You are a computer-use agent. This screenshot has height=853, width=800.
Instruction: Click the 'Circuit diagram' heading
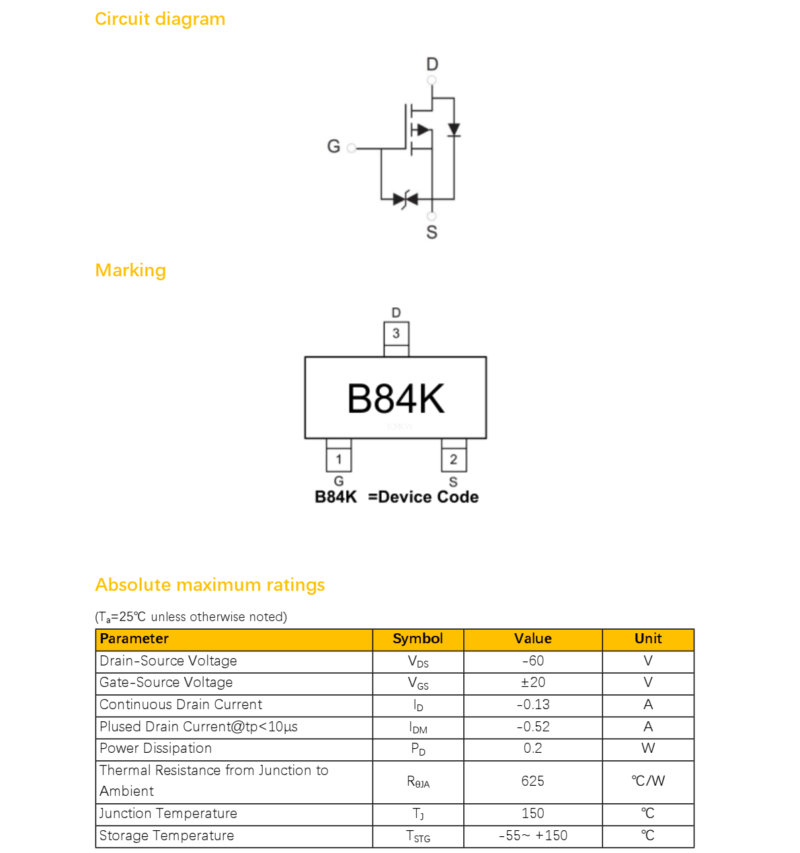click(x=160, y=19)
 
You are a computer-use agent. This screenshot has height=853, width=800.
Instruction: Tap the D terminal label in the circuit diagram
click(x=432, y=65)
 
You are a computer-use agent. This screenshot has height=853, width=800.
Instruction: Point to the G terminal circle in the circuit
click(x=352, y=148)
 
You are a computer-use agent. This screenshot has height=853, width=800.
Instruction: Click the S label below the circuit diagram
click(x=432, y=232)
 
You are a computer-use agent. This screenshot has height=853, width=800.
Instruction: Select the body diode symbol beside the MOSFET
click(x=454, y=130)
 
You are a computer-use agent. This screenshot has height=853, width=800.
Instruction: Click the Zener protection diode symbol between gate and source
click(x=405, y=199)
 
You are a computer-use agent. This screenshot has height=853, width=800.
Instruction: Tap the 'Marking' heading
click(x=130, y=271)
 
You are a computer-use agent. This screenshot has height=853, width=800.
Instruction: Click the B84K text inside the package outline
click(x=396, y=399)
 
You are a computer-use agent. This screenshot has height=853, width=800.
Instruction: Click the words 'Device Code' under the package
click(x=428, y=497)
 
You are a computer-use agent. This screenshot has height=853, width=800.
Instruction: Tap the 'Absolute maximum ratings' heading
click(x=210, y=585)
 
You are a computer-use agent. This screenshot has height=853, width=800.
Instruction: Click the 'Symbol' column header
click(x=417, y=639)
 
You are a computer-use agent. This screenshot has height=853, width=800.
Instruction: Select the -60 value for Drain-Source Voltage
click(x=532, y=661)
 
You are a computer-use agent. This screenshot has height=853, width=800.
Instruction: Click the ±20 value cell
click(x=532, y=682)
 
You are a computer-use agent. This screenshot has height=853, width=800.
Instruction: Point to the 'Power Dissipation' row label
click(x=155, y=748)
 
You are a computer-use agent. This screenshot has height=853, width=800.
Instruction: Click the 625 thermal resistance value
click(x=532, y=781)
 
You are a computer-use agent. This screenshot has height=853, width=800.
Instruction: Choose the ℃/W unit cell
click(x=648, y=781)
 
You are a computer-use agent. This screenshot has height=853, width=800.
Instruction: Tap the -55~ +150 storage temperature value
click(x=532, y=836)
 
